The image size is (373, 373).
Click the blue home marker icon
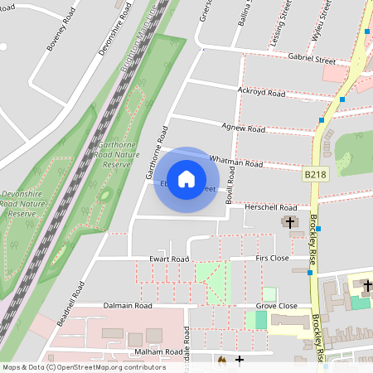(186, 179)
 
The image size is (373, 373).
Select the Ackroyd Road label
(261, 91)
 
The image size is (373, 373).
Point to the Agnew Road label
(245, 128)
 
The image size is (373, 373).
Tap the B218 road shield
(313, 175)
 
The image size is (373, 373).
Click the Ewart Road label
(169, 259)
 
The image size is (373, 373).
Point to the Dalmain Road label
(128, 306)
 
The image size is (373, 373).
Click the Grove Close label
(277, 306)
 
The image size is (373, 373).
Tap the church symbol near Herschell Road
(289, 222)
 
